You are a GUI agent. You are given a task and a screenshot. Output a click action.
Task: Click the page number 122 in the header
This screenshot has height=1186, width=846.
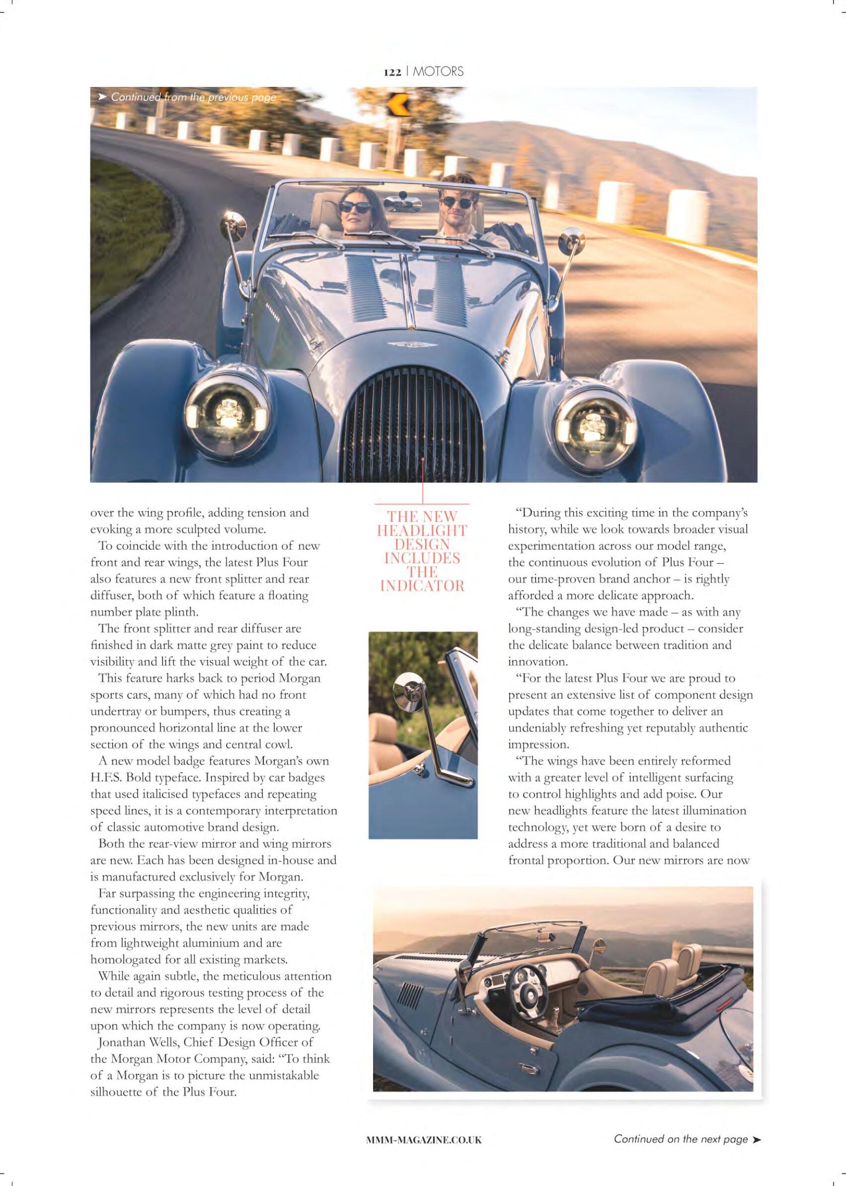(x=392, y=73)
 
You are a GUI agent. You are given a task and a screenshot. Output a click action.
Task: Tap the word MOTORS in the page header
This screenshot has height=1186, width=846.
(x=438, y=72)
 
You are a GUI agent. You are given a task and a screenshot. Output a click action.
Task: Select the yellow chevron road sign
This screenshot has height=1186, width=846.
(x=394, y=105)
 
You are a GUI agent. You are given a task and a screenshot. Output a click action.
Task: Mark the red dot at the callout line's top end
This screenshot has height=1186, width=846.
(x=423, y=459)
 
